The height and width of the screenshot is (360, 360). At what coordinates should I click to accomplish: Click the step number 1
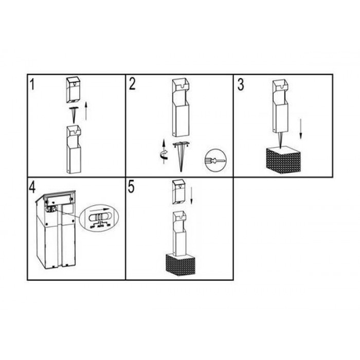pos(32,84)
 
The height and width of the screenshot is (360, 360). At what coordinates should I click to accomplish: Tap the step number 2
pos(132,84)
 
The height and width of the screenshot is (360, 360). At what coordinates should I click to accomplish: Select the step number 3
pos(241,84)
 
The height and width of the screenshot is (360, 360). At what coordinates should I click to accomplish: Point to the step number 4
pos(32,187)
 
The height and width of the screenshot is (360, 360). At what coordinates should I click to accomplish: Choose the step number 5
pos(131,187)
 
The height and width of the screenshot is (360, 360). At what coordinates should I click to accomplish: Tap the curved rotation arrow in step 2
pos(164,155)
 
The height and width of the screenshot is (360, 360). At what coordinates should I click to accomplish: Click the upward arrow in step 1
pos(86,111)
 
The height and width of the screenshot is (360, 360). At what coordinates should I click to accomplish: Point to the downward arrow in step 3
pos(300,129)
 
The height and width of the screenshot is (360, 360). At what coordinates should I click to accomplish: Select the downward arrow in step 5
pos(192,195)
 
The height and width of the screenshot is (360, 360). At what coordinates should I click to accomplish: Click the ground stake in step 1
pos(74,115)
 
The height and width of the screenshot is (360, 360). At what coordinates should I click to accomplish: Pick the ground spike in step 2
pos(181,157)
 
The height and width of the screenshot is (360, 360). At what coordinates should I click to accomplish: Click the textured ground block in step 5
pos(181,265)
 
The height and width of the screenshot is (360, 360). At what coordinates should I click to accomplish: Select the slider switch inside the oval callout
pos(100,217)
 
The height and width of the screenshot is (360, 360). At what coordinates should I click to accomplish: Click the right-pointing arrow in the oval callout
pos(99,210)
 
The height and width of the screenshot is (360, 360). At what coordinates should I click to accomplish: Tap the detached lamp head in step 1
pos(73,90)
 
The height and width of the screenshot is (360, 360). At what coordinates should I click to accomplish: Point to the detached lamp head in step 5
pos(179,192)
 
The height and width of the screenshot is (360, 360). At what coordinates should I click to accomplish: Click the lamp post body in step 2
pos(181,107)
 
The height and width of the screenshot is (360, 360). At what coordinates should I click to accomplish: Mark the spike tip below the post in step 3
pos(281,148)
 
